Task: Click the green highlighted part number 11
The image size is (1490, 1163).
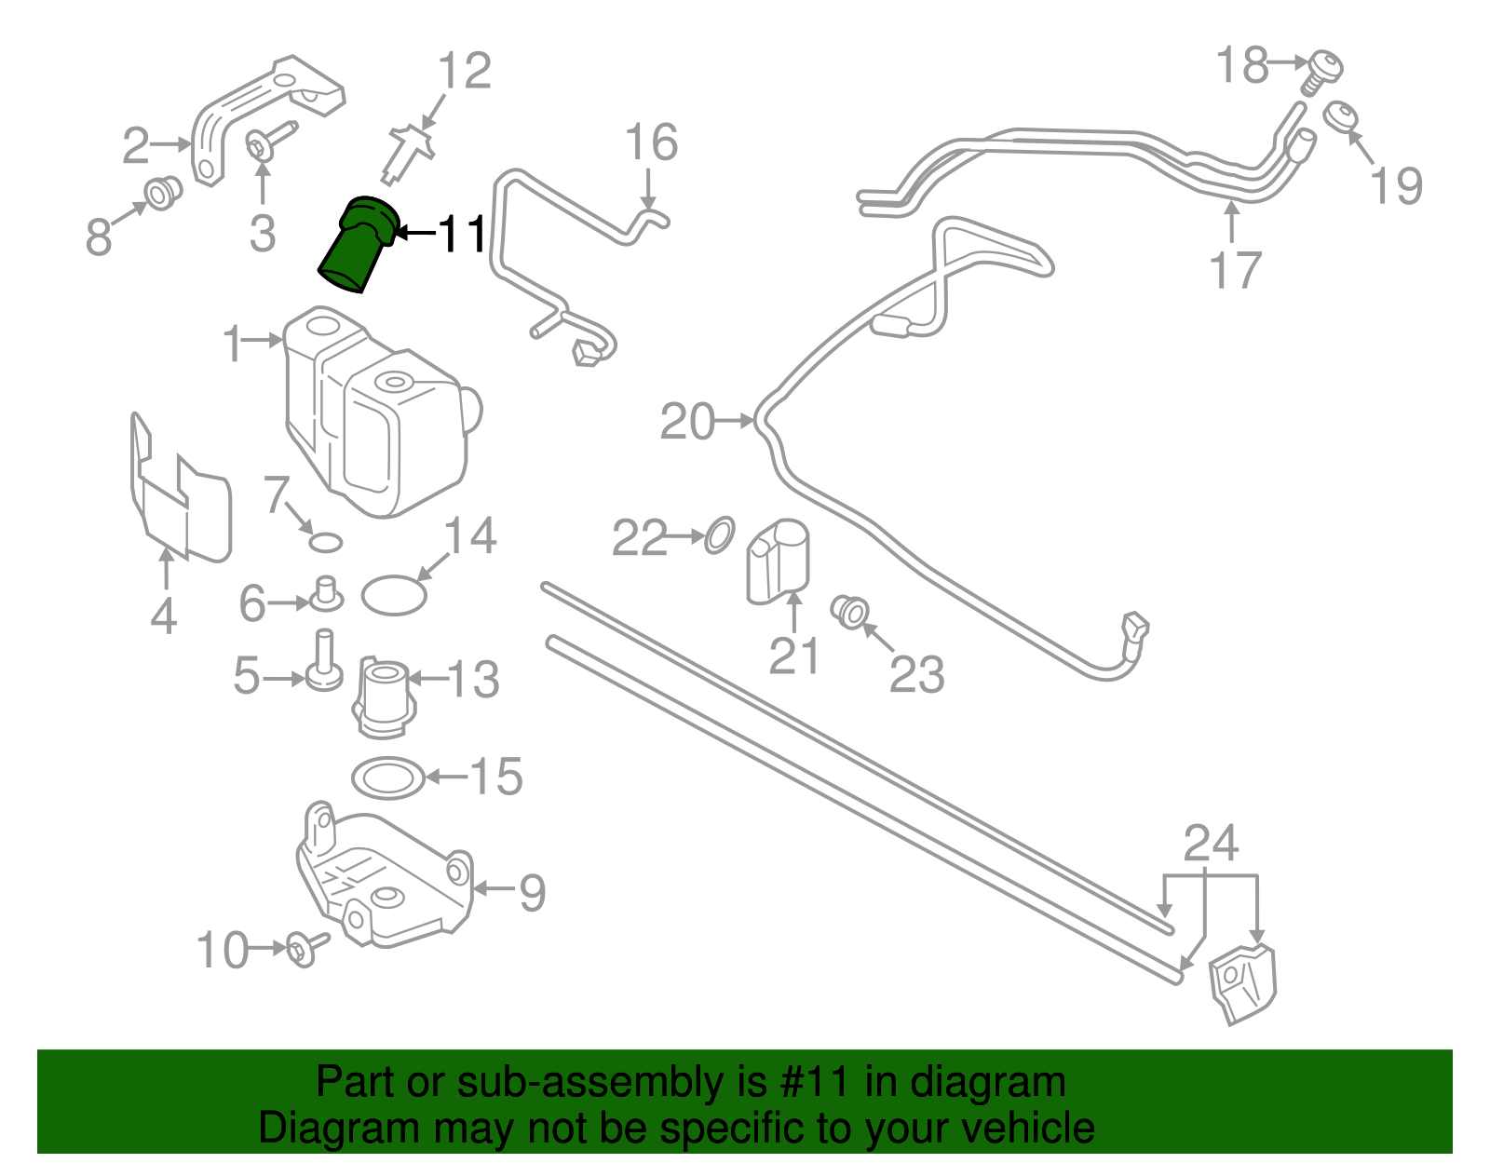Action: [359, 245]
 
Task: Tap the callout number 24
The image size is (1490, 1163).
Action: [1211, 845]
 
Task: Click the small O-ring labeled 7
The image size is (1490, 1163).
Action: [325, 542]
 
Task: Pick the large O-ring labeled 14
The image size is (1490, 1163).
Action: [394, 596]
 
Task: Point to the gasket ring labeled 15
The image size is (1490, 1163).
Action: [388, 778]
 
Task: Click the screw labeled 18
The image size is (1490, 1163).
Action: [1322, 71]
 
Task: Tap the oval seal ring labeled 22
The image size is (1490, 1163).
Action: [719, 535]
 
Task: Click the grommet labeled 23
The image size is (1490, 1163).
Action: [850, 611]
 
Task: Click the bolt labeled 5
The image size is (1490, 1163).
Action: [324, 663]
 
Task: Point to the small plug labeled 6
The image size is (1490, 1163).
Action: [326, 593]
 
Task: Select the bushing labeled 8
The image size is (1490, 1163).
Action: [163, 194]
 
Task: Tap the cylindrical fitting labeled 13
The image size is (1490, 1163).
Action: [383, 696]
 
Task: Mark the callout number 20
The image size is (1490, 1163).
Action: [687, 422]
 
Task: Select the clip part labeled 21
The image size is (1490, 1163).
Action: [778, 562]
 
